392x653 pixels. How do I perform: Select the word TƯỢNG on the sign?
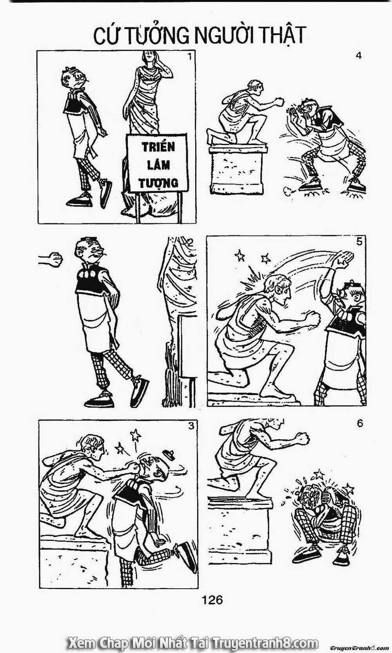pos(158,183)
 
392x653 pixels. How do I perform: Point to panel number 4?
pos(358,56)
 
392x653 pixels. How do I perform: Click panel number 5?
pos(359,241)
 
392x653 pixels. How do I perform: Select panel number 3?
pos(191,426)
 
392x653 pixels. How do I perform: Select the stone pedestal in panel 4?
pos(238,169)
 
